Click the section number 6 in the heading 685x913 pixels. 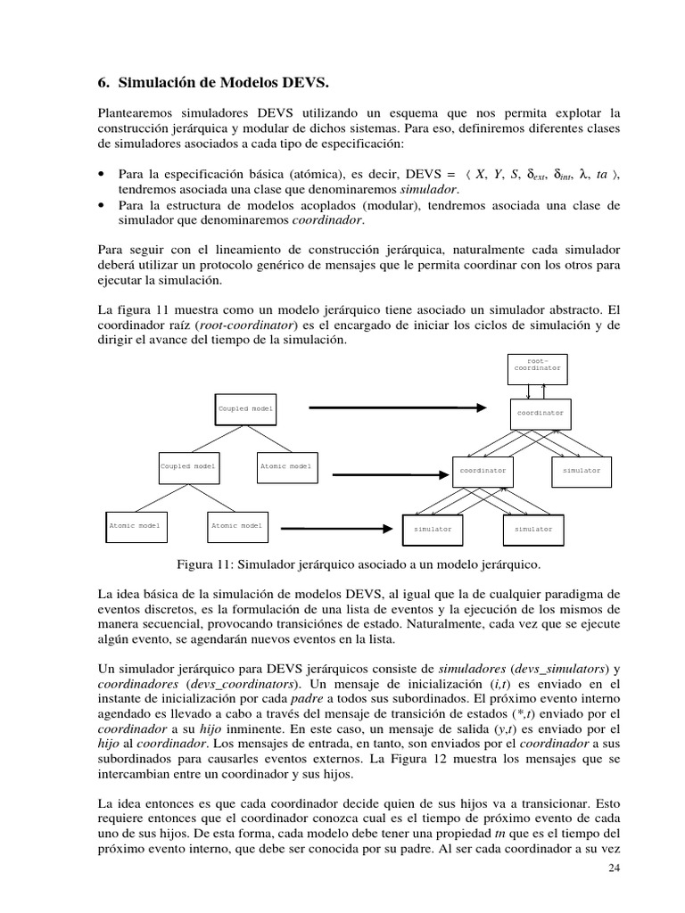tap(101, 84)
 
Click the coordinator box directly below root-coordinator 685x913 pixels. tap(541, 414)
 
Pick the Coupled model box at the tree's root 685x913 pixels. tap(246, 409)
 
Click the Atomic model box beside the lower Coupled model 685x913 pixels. tap(286, 466)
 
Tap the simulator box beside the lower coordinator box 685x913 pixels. tap(582, 470)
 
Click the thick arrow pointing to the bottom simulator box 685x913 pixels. tap(334, 527)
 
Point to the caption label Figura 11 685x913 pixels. tap(203, 564)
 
